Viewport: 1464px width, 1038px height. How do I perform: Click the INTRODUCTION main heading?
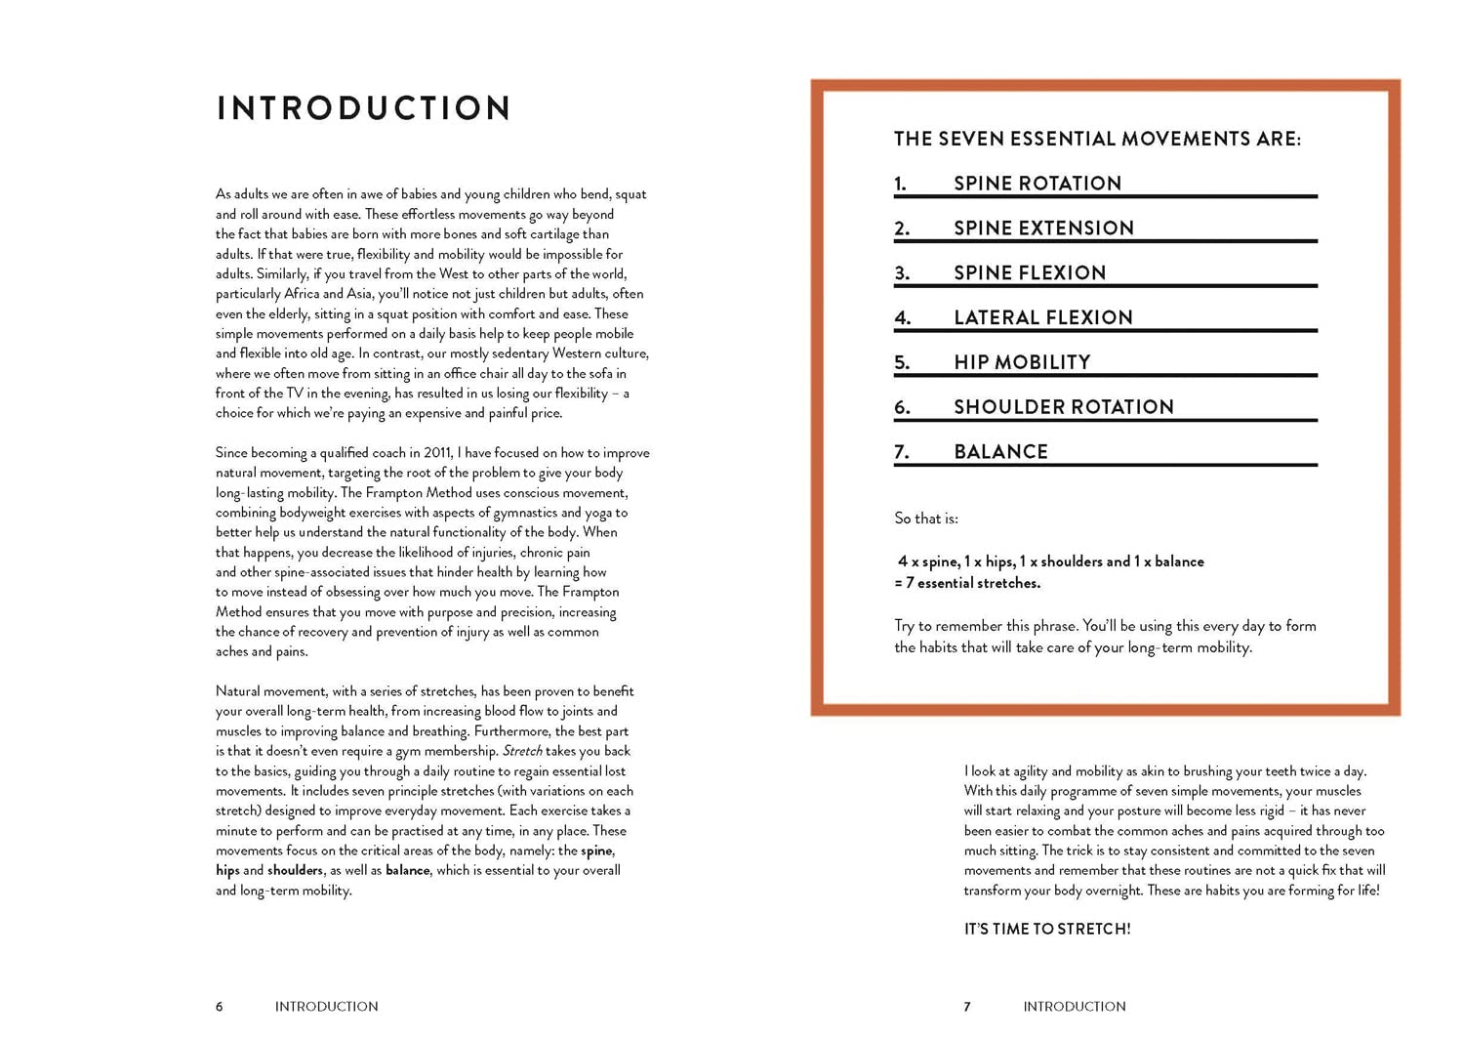364,107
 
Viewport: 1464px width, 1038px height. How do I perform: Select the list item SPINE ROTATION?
1037,184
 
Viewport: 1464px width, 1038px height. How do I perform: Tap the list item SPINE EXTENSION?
1043,228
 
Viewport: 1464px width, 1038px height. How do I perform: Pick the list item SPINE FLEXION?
1030,273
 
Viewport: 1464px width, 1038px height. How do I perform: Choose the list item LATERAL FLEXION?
1042,318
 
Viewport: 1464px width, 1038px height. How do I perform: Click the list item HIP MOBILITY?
1022,362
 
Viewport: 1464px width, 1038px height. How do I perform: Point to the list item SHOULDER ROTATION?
1063,407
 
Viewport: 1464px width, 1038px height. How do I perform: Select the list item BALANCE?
1000,452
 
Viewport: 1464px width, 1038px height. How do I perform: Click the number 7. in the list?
902,452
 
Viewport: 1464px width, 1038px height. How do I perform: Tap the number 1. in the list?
900,184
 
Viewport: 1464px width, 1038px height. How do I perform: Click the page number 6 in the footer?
220,1007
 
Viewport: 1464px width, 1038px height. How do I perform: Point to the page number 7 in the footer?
967,1007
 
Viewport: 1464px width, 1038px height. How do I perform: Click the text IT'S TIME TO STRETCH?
1047,929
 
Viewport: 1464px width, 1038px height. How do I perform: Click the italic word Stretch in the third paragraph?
522,751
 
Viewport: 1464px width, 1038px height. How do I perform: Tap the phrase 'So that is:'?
926,519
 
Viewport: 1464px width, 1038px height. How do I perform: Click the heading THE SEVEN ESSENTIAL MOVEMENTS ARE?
1097,139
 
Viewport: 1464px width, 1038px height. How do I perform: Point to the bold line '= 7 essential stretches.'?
967,583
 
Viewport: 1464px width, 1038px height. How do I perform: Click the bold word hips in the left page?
227,871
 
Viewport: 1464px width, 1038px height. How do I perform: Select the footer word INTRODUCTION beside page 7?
1074,1007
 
